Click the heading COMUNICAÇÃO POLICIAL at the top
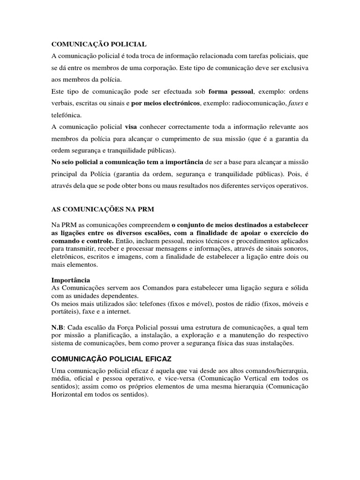pyautogui.click(x=98, y=44)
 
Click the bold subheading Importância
pyautogui.click(x=70, y=280)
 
